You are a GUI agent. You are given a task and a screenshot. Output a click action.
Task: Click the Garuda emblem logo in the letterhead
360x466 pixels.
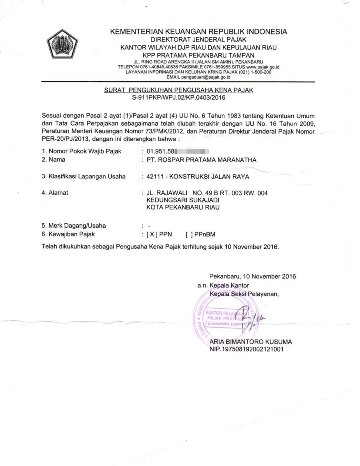[62, 43]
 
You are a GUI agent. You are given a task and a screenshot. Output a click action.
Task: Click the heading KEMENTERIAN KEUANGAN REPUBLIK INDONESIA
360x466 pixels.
[198, 32]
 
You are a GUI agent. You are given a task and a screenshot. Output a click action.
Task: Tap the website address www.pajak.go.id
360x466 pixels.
[262, 67]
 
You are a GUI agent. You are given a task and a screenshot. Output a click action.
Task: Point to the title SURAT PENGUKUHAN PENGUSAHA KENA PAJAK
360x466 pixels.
[178, 90]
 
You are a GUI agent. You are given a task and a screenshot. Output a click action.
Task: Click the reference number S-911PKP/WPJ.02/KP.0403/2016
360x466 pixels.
[178, 98]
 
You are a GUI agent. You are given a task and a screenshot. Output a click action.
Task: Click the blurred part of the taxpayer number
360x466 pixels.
[194, 152]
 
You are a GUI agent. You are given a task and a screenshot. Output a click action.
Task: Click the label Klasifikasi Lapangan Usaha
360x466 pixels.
[84, 176]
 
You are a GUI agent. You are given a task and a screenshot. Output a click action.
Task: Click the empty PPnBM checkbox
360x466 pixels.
[190, 234]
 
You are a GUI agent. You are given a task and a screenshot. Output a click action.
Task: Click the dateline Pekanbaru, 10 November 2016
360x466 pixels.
[252, 276]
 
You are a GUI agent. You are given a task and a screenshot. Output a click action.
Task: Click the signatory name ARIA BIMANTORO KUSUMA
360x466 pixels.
[250, 342]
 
